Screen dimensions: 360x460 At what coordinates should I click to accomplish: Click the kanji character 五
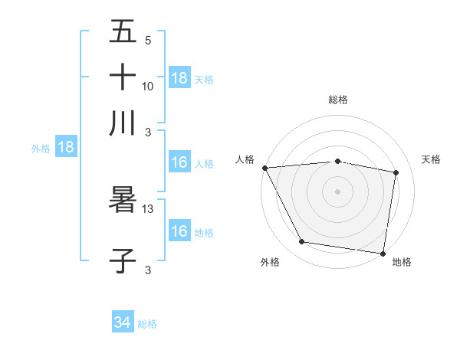pos(123,31)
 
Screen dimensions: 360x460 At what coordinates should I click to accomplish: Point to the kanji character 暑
pos(123,200)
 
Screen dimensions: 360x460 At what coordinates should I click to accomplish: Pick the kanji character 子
pos(123,261)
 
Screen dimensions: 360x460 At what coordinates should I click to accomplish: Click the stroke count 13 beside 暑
pos(149,208)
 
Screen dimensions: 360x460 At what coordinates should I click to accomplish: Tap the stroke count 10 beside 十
pos(148,86)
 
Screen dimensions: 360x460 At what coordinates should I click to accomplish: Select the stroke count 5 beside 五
pos(148,40)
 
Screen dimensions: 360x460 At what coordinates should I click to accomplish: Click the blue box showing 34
pos(123,323)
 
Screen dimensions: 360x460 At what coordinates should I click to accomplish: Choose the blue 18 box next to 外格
pos(66,148)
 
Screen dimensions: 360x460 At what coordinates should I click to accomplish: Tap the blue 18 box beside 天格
pos(179,78)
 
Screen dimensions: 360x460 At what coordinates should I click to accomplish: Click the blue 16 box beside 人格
pos(179,163)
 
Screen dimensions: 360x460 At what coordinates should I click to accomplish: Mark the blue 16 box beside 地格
pos(179,232)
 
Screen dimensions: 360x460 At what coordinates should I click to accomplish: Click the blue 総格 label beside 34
pos(147,324)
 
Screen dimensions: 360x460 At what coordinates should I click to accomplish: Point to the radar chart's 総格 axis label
pos(337,100)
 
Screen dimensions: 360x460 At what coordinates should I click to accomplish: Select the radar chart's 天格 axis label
pos(431,159)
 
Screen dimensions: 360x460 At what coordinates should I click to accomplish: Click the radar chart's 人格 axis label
pos(245,159)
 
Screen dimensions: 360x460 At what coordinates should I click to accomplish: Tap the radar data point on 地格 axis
pos(383,253)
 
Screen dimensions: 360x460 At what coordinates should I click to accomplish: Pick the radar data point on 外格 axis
pos(302,242)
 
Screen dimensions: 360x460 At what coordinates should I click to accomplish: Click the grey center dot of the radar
pos(337,191)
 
